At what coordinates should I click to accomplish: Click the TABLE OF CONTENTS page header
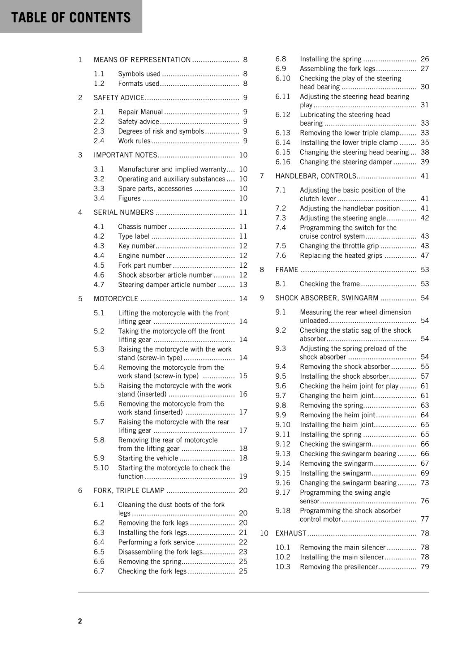[x=71, y=17]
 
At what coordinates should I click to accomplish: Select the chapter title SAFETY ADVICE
[x=119, y=98]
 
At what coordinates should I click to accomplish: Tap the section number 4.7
[x=99, y=285]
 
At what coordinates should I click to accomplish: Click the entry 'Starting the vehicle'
[x=148, y=458]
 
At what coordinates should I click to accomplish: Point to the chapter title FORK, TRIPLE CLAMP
[x=129, y=491]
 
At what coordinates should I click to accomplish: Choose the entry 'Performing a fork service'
[x=156, y=542]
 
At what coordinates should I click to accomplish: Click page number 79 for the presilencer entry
[x=425, y=567]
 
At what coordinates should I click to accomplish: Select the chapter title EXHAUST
[x=291, y=533]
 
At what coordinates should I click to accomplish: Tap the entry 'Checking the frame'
[x=330, y=284]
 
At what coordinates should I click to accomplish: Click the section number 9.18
[x=283, y=511]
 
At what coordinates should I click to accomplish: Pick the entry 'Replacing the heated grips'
[x=341, y=256]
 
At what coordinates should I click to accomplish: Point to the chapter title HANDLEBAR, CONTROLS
[x=316, y=176]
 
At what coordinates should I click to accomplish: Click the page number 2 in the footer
[x=80, y=621]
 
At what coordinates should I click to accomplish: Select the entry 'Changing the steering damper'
[x=346, y=162]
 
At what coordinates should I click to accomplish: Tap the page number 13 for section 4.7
[x=243, y=285]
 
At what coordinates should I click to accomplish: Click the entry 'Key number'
[x=136, y=246]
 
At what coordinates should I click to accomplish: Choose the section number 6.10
[x=283, y=78]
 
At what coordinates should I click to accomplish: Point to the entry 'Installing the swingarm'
[x=335, y=473]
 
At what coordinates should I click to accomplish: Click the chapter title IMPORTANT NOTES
[x=125, y=155]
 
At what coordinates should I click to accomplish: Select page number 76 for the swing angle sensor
[x=425, y=501]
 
